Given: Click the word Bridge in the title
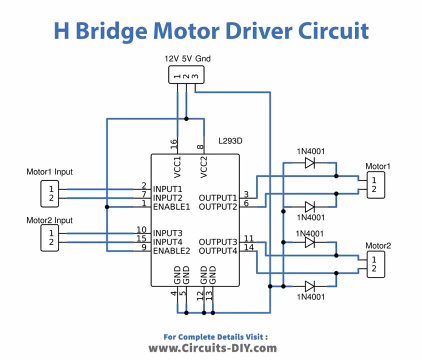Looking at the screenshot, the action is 111,31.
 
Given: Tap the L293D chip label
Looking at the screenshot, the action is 230,140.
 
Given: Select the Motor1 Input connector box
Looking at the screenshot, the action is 49,193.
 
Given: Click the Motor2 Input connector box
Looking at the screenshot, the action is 49,238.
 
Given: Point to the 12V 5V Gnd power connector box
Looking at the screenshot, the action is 186,75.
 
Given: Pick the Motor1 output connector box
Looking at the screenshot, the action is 376,185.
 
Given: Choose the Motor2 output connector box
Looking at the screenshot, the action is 376,264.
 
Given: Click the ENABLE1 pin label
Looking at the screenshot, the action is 171,207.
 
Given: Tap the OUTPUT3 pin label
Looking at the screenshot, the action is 217,242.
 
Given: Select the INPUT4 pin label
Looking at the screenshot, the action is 167,242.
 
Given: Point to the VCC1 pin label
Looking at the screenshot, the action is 177,167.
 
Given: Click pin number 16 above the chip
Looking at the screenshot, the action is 174,144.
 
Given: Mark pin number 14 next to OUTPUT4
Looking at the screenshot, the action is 249,247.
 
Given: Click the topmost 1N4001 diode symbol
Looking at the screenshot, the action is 309,163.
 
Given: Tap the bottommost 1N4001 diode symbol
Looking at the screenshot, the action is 309,286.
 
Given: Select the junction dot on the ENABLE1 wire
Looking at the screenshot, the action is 107,207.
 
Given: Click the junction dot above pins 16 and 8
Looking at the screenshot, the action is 186,118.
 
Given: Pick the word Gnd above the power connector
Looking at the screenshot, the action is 203,58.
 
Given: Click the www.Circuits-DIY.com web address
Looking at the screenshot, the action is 212,348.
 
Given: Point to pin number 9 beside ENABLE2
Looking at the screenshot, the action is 144,247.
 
